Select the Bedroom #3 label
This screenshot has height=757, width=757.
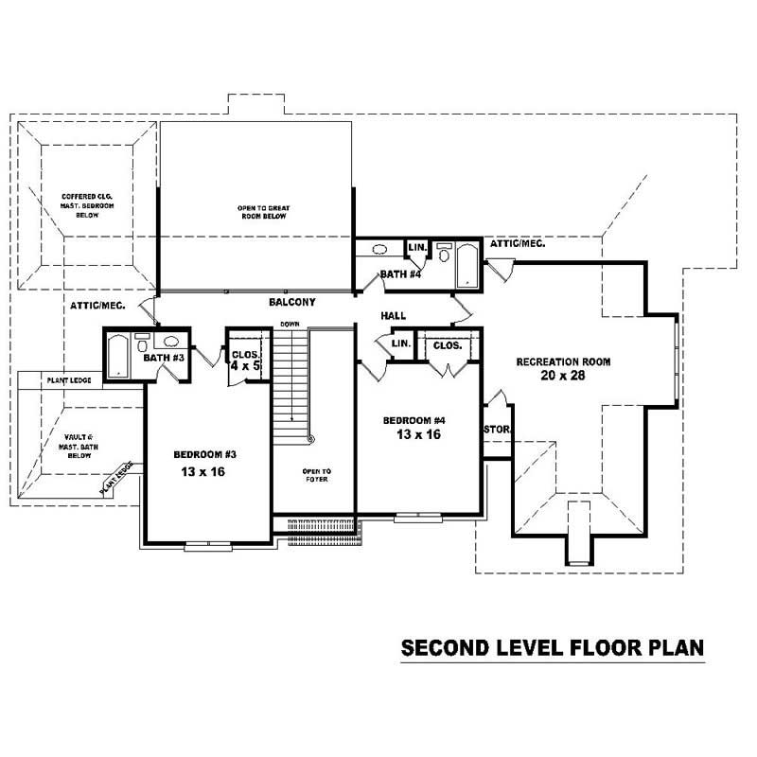(x=205, y=454)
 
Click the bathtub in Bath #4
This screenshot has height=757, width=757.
(x=467, y=264)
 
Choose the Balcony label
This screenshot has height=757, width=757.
(x=291, y=302)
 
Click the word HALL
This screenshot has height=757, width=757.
(x=395, y=315)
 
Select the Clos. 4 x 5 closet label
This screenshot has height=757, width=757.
(x=245, y=361)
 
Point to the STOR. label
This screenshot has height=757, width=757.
(x=496, y=430)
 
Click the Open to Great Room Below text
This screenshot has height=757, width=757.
(x=262, y=212)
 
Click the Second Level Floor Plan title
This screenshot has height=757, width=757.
(x=553, y=648)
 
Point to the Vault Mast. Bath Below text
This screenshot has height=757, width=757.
(x=78, y=445)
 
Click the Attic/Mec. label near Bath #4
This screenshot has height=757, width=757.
(x=517, y=243)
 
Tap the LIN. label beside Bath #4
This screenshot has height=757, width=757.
(x=415, y=248)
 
